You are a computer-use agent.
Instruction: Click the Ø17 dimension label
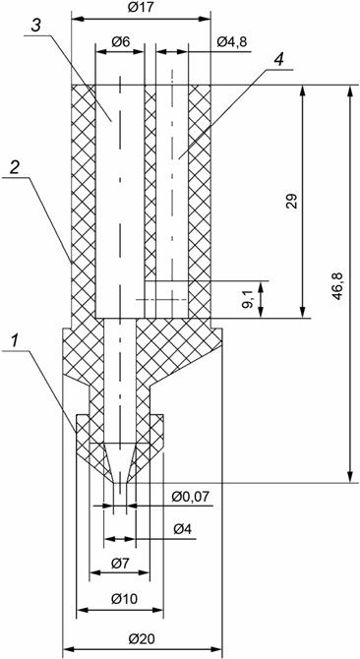141,9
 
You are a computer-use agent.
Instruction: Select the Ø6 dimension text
120,41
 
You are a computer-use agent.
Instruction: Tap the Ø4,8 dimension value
232,41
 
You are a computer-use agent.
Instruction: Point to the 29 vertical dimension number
293,202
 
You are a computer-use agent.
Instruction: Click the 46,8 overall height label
338,286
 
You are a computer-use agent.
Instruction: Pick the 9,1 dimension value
249,299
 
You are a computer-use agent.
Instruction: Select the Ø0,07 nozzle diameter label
191,497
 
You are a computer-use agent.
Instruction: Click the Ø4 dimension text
182,529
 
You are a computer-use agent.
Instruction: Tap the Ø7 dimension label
121,563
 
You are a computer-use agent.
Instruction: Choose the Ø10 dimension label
124,599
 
